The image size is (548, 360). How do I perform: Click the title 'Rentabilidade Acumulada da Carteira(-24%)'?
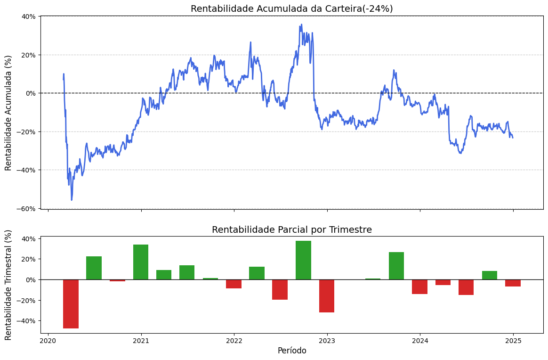point(291,8)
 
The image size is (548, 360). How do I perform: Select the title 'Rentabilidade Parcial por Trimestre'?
point(291,230)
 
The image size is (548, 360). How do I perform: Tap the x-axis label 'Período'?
point(291,351)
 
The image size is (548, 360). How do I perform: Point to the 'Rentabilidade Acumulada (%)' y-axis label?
point(8,113)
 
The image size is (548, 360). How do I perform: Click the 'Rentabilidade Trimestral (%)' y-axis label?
point(8,285)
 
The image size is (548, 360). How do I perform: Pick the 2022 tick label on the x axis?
point(234,341)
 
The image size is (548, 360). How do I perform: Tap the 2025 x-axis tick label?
point(513,341)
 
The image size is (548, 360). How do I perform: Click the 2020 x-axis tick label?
point(48,341)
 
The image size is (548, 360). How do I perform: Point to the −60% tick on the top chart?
point(28,208)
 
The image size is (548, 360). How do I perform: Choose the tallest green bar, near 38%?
point(303,260)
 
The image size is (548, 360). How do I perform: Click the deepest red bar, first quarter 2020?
point(71,304)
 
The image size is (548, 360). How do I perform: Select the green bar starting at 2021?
point(141,262)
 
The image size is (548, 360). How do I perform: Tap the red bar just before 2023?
point(326,296)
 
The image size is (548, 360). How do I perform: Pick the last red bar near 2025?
point(513,283)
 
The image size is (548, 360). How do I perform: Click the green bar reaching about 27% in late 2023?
point(396,266)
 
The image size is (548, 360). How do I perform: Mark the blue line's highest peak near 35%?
point(301,25)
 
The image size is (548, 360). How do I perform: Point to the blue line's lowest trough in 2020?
point(72,200)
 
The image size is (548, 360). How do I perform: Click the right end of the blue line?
point(513,137)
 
